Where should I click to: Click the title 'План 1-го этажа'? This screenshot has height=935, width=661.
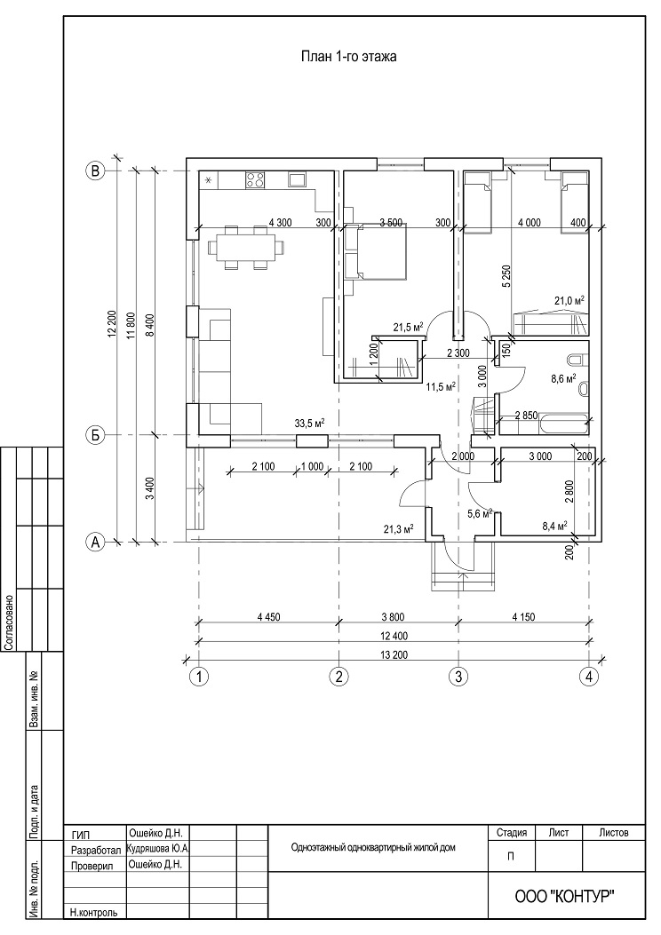[349, 57]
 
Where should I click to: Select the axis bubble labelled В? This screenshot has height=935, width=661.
[95, 171]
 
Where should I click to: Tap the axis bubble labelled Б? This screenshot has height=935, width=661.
[95, 435]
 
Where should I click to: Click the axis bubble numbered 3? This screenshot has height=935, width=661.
[458, 677]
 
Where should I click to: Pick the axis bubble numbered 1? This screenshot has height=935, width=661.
[199, 677]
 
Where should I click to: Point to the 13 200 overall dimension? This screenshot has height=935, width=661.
[394, 654]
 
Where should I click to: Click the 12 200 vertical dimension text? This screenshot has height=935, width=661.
[111, 325]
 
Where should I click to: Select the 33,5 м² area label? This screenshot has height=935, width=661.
[309, 423]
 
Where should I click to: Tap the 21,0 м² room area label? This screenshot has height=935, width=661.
[569, 300]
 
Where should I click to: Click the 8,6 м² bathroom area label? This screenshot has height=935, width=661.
[563, 377]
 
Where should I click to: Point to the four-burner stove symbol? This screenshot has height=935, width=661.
[255, 180]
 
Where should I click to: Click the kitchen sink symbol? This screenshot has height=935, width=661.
[297, 180]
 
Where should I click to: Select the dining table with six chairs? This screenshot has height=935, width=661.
[246, 248]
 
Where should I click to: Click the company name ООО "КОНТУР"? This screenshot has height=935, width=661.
[564, 896]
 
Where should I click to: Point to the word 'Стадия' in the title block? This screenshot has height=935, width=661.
[511, 832]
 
